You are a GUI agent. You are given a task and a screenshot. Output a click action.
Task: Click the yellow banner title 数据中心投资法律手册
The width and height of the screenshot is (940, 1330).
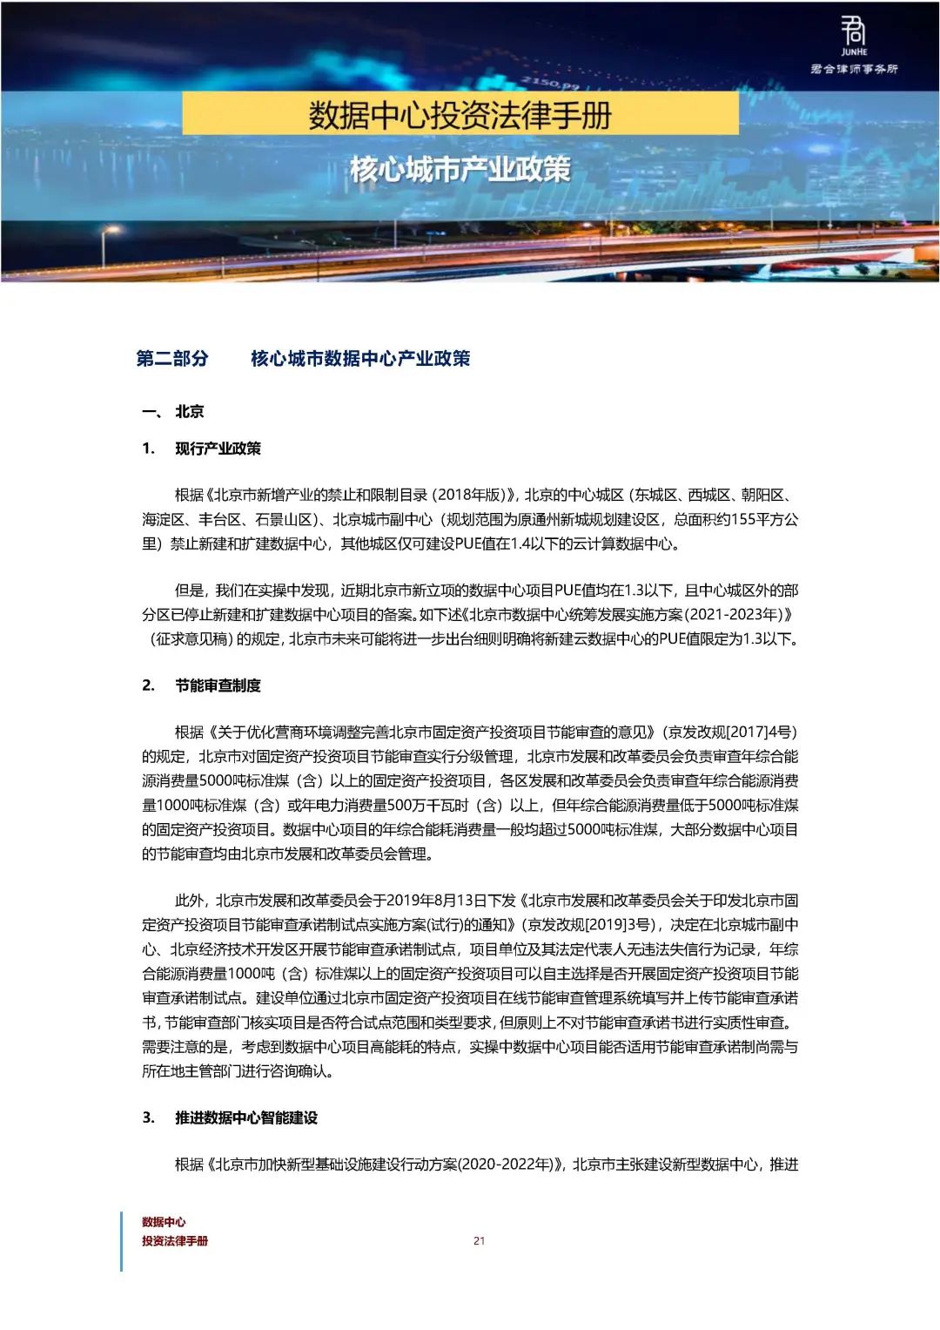[460, 114]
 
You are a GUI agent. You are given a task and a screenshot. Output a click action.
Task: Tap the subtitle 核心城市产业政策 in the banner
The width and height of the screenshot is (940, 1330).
[460, 169]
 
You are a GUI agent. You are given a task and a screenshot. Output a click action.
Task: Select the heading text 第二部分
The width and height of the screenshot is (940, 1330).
[172, 359]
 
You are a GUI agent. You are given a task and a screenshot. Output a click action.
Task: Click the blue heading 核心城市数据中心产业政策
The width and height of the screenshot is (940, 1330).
[360, 359]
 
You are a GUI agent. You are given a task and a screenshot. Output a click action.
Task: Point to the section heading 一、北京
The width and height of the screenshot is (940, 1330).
[174, 412]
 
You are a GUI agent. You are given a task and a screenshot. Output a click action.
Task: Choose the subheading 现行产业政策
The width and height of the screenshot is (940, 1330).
[218, 449]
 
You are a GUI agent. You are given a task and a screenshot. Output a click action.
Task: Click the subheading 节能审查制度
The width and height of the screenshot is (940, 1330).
[218, 685]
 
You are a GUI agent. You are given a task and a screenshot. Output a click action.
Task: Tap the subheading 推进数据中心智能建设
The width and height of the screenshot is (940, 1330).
[246, 1117]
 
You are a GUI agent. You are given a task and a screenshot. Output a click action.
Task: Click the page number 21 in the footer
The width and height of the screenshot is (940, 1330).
[479, 1241]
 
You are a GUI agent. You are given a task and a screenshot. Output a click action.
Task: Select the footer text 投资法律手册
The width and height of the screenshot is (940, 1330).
[175, 1241]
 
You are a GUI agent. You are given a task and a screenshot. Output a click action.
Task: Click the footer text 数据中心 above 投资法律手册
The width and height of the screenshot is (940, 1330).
[164, 1222]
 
